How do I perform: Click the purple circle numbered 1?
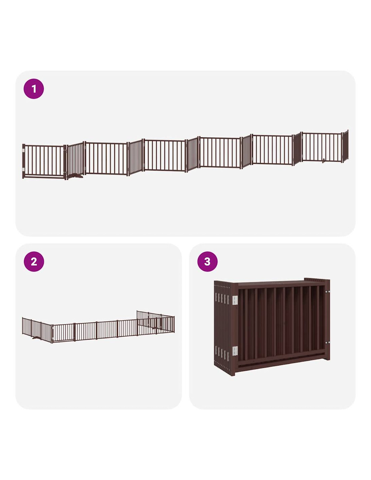34,89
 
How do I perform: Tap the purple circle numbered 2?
34,262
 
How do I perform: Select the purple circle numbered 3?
207,262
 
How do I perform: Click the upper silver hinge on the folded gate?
235,300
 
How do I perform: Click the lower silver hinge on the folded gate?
235,351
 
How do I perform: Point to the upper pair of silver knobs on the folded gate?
327,292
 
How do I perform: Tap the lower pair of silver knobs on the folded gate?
327,343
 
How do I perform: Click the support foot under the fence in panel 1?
75,176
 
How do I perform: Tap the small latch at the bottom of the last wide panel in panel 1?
323,160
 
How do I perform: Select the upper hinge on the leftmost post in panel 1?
23,150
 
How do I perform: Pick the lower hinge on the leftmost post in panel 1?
23,169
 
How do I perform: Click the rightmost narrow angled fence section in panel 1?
345,146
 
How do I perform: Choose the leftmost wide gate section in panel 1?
44,161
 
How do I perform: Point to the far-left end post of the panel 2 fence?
23,326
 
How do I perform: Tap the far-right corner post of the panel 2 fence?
174,324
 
